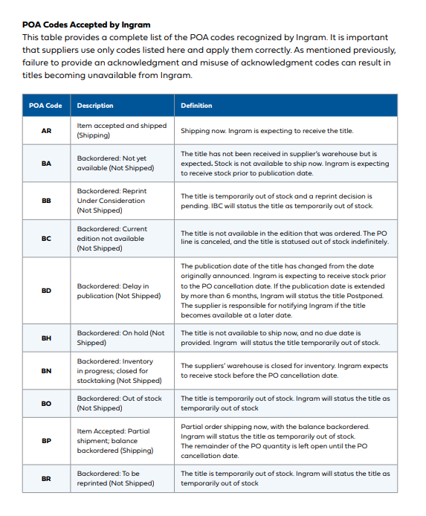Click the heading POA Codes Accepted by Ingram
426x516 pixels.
pos(87,24)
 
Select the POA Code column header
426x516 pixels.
pos(45,106)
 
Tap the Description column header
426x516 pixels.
pos(94,106)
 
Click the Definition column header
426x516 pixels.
pos(196,106)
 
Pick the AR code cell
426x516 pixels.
pos(46,131)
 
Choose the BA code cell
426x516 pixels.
pos(46,163)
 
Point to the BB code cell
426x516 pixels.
pos(46,201)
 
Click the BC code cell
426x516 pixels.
pos(46,238)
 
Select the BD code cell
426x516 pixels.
pos(46,291)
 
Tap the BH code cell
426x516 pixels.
pos(46,338)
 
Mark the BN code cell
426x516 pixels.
pos(46,370)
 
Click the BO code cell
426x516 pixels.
pos(46,403)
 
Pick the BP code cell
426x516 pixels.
pos(46,440)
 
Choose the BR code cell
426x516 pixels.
pos(46,478)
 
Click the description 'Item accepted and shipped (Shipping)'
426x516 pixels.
pos(122,131)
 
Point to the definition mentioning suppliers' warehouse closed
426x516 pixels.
pos(284,370)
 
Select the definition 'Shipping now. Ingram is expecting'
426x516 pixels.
pos(267,131)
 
